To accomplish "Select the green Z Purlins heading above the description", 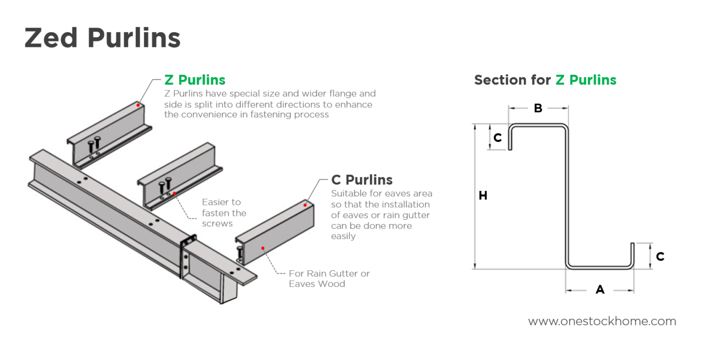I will pos(195,80).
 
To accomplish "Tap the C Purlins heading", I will pos(362,180).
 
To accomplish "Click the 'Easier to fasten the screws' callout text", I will pos(224,212).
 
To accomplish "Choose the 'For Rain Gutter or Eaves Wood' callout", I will pos(329,279).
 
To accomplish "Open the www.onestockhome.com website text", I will pos(602,321).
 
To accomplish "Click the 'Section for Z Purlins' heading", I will pos(545,80).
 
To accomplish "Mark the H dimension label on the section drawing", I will pos(483,196).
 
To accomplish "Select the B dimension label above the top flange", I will pos(538,109).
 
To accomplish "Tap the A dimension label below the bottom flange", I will pos(600,290).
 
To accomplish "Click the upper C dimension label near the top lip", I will pos(498,138).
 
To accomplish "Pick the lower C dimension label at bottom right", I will pos(660,257).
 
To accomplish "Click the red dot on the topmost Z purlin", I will pos(138,105).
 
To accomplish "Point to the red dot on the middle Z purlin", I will pos(174,193).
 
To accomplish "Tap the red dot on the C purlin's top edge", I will pos(305,205).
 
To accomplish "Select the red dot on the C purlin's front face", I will pos(263,248).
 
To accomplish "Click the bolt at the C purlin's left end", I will pos(240,253).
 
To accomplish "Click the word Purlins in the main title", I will pos(134,38).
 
